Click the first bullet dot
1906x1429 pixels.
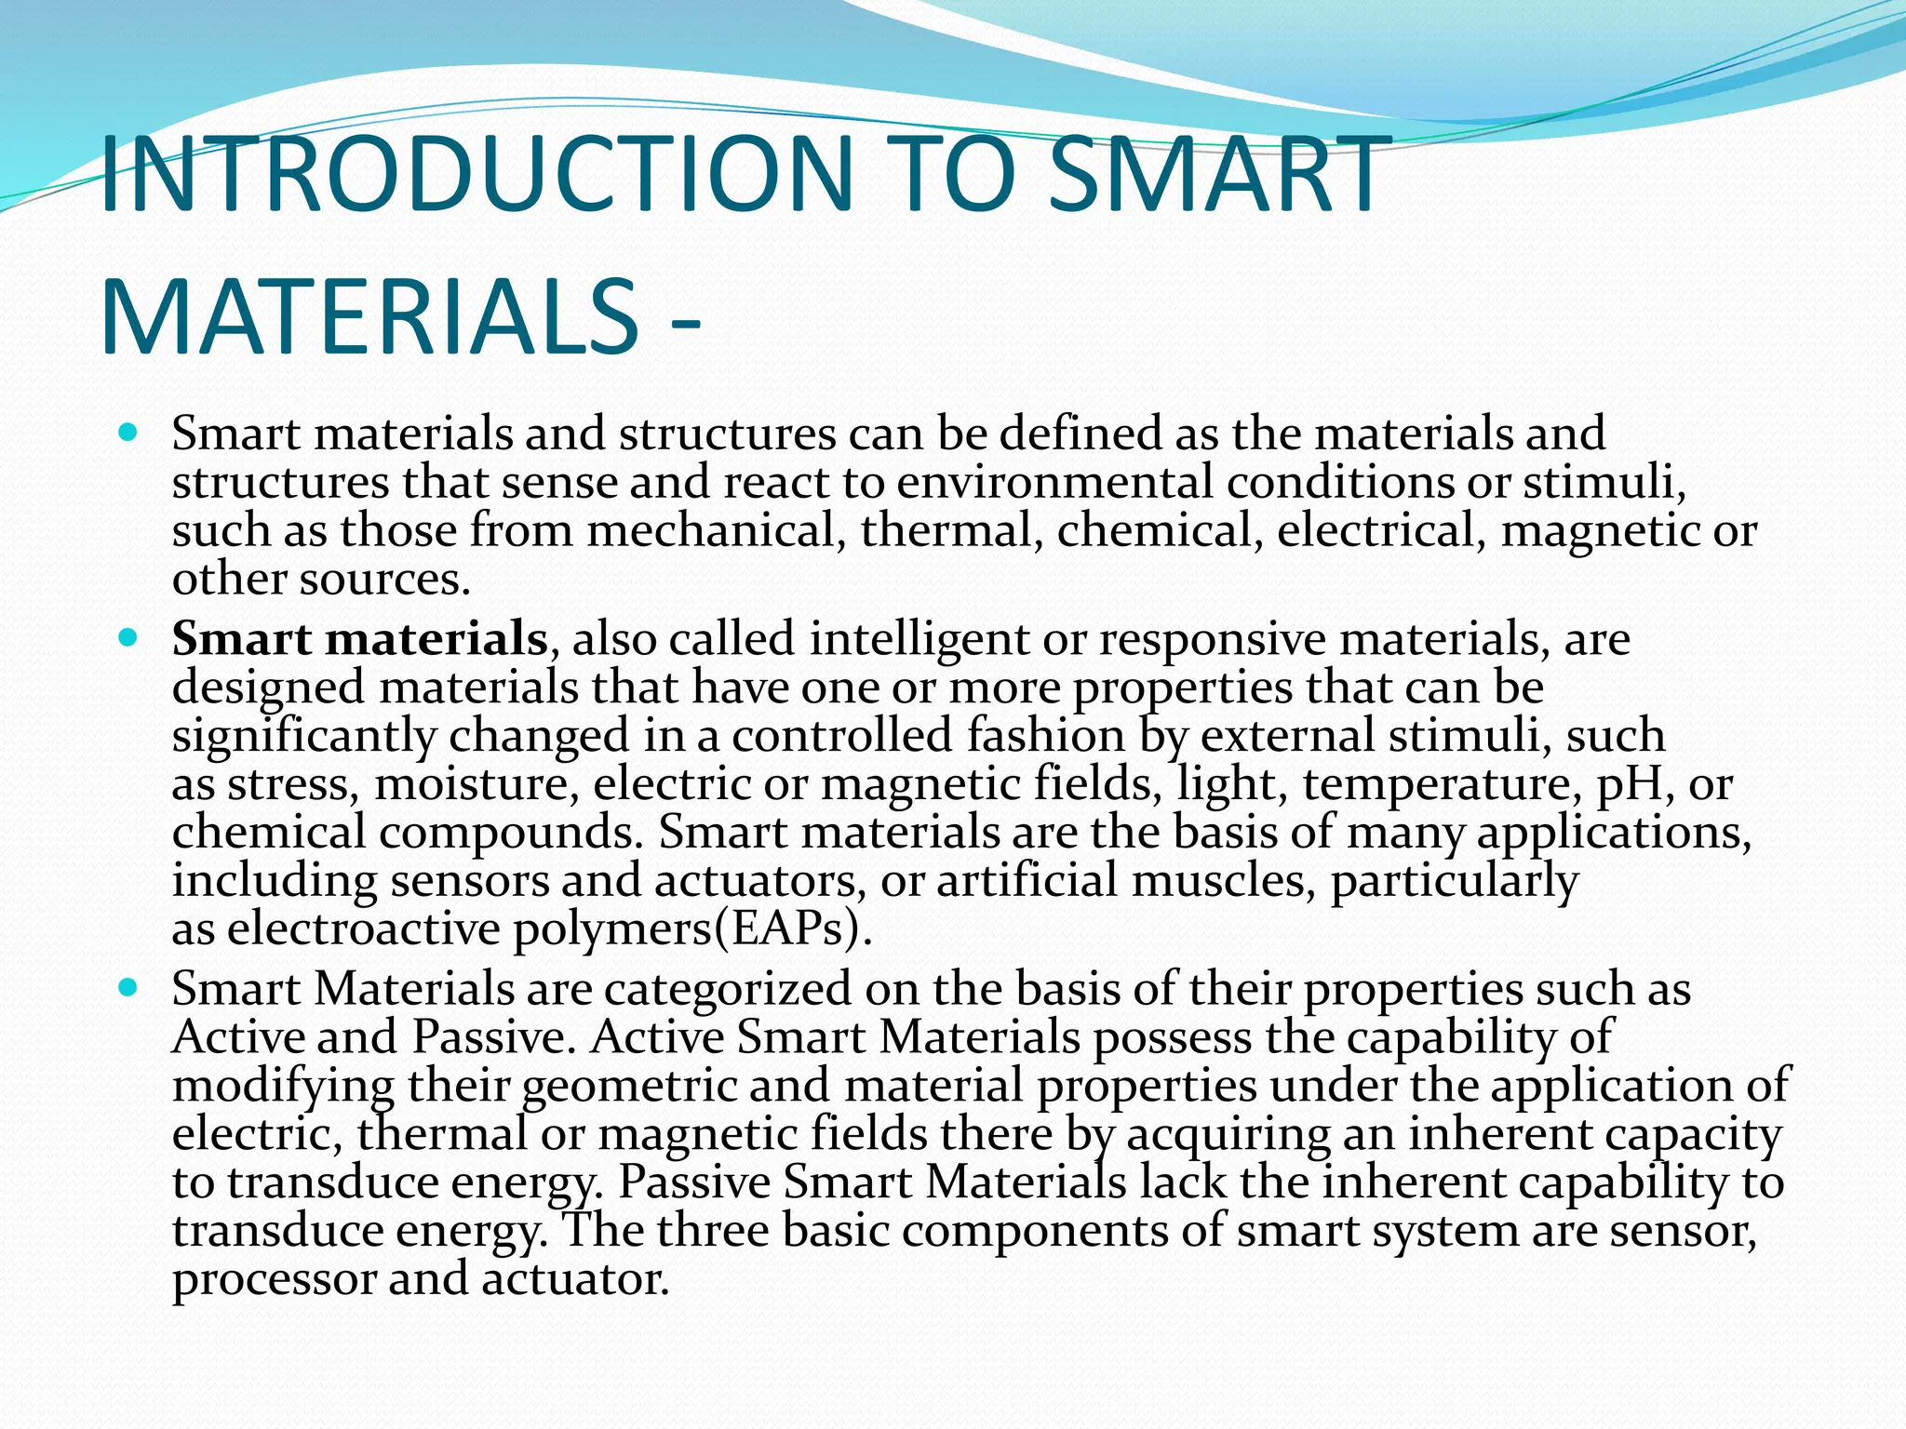coord(128,433)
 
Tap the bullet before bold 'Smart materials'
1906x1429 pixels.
coord(128,638)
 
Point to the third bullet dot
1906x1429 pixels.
coord(128,988)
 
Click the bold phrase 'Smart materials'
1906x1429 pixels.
coord(359,639)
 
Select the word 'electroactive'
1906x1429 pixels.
coord(363,928)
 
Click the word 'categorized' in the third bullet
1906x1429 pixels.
coord(727,989)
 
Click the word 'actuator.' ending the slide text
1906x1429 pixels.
coord(575,1279)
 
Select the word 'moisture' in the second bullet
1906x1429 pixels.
coord(471,784)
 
